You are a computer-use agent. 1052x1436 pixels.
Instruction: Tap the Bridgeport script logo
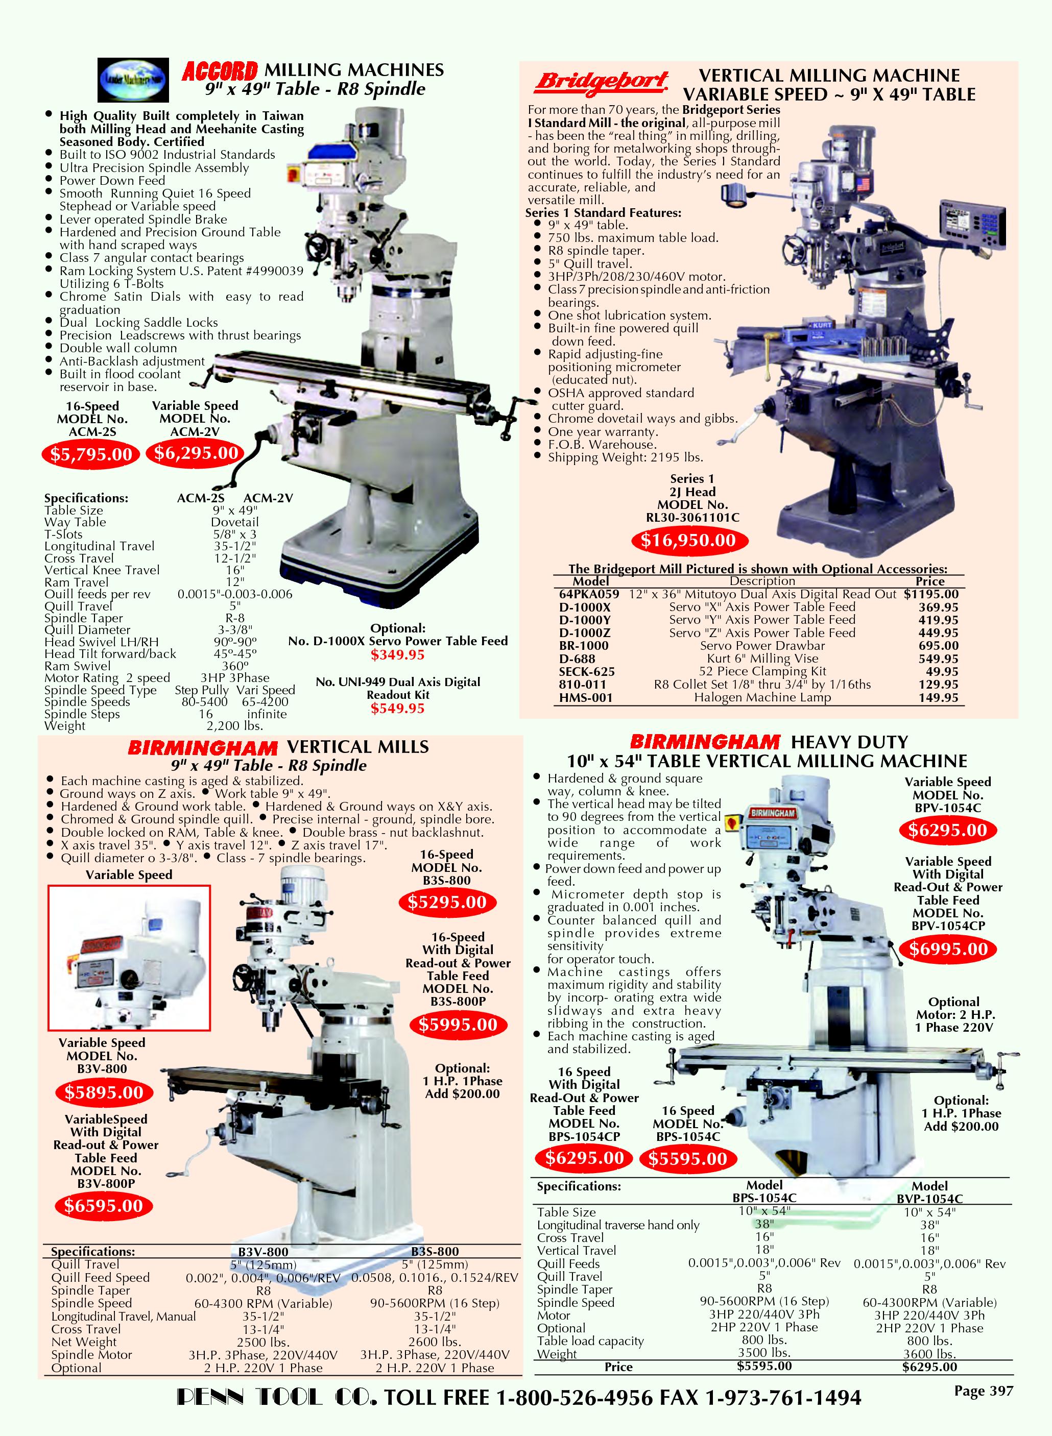point(602,82)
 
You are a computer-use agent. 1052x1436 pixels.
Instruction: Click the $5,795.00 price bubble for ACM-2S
point(91,454)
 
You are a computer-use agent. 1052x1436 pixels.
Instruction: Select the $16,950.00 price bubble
point(688,541)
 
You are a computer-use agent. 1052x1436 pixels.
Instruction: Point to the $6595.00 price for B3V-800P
point(103,1206)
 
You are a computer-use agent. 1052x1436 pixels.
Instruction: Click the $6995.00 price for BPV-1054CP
point(948,949)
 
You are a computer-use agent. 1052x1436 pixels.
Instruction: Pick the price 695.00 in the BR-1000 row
point(938,645)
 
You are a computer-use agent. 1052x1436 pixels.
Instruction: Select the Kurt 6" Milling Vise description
point(762,659)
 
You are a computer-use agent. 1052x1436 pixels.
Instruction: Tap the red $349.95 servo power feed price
point(397,655)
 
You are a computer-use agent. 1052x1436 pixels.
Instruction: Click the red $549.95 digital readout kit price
point(397,709)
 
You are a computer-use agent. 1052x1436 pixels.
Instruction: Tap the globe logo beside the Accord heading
point(134,80)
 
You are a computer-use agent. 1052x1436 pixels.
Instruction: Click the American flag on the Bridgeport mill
point(863,185)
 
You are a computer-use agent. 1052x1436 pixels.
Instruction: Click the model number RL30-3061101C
point(692,518)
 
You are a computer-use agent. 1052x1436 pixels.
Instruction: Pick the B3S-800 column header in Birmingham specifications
point(435,1251)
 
